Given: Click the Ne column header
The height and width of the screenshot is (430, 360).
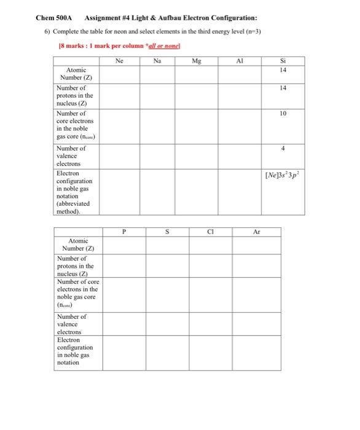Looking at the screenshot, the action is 119,61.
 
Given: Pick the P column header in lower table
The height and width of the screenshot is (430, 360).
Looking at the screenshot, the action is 124,232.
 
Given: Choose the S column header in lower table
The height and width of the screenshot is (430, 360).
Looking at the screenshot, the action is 166,232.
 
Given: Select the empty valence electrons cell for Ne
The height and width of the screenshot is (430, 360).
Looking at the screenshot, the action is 119,155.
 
